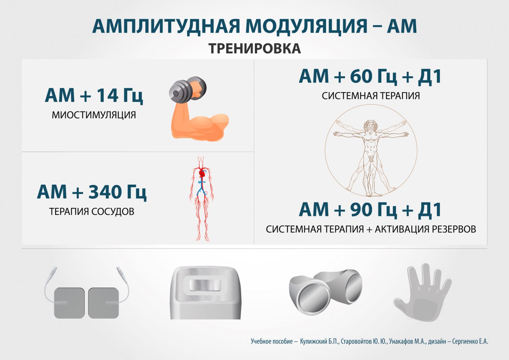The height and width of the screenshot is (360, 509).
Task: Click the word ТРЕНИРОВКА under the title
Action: [x=255, y=49]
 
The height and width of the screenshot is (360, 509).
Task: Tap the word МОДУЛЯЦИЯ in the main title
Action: [x=306, y=27]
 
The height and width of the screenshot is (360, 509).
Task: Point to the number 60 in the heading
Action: [x=361, y=76]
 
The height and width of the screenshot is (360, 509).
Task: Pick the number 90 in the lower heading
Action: [x=361, y=210]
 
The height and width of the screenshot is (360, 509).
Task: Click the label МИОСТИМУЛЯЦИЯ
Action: [x=94, y=115]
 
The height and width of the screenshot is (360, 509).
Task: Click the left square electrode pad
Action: [x=69, y=303]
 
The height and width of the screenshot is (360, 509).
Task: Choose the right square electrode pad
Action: [x=103, y=303]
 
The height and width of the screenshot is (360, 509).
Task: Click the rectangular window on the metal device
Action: [x=205, y=285]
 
